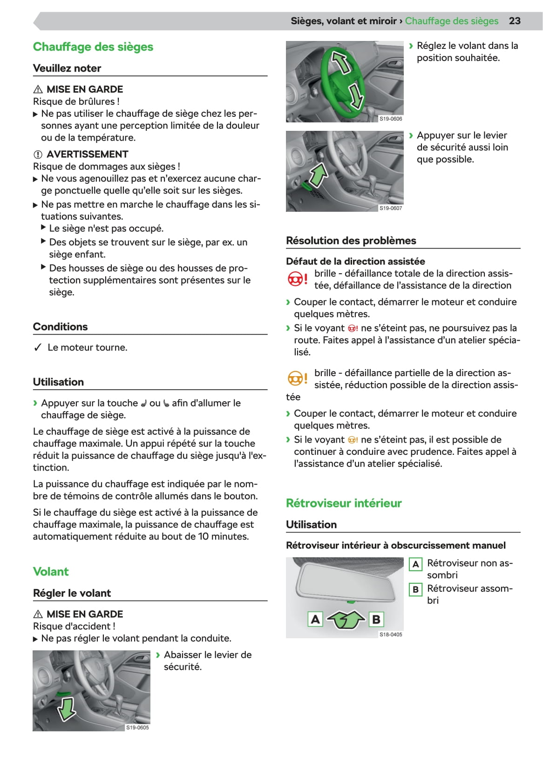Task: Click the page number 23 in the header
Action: pyautogui.click(x=515, y=21)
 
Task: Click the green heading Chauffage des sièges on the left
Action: pyautogui.click(x=93, y=47)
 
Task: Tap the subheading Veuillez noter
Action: pyautogui.click(x=67, y=68)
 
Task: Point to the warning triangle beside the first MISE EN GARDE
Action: pyautogui.click(x=38, y=89)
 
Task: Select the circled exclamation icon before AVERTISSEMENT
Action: pyautogui.click(x=38, y=155)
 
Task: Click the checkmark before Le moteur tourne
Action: pyautogui.click(x=38, y=348)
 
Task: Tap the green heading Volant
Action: pyautogui.click(x=51, y=572)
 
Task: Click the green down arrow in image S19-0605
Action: pyautogui.click(x=66, y=708)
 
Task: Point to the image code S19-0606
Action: pyautogui.click(x=391, y=119)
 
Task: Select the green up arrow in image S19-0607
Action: pyautogui.click(x=319, y=176)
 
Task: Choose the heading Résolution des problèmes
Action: pyautogui.click(x=351, y=241)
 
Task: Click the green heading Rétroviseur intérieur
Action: pyautogui.click(x=344, y=503)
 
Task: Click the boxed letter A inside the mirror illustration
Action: pyautogui.click(x=315, y=619)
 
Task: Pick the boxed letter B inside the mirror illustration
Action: pyautogui.click(x=376, y=619)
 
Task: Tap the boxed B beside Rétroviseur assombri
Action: pyautogui.click(x=415, y=589)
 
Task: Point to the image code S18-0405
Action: pyautogui.click(x=391, y=635)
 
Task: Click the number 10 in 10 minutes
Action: pyautogui.click(x=203, y=537)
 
